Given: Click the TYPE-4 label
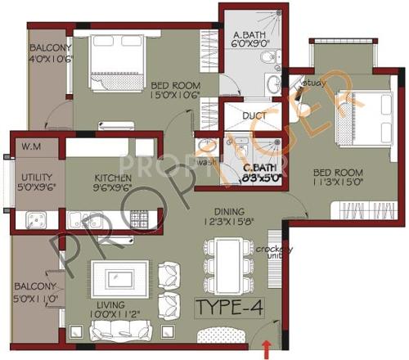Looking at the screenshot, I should coord(231,307).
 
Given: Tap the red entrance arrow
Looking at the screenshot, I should coord(265,351).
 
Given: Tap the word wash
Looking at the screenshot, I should coord(206,162).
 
